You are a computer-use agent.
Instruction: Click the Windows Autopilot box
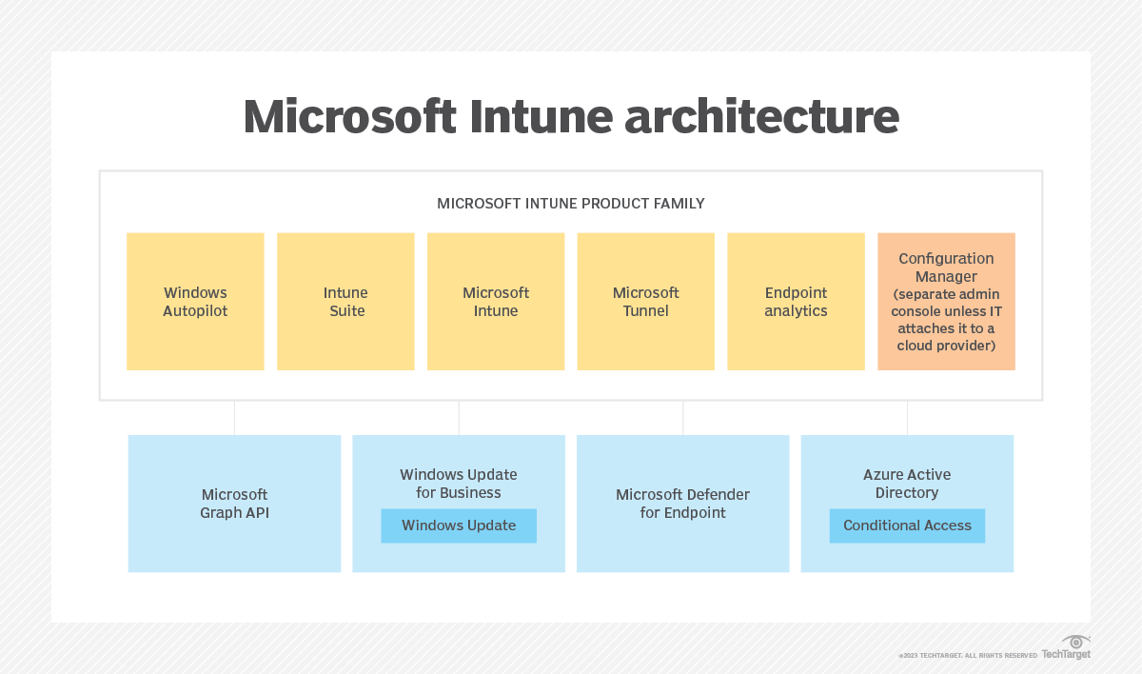click(195, 302)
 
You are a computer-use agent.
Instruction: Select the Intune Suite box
click(345, 302)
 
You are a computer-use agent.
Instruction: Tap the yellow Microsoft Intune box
click(496, 302)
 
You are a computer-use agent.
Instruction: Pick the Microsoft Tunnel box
click(645, 302)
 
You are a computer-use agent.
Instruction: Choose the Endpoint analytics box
click(796, 302)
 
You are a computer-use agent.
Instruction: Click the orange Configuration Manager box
click(946, 302)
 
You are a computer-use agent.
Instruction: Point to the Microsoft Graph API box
click(234, 504)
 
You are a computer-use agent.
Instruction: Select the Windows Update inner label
click(459, 525)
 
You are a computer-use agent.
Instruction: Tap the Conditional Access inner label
click(907, 525)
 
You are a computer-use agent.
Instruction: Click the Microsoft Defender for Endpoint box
click(682, 504)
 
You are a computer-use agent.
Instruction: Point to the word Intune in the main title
click(519, 117)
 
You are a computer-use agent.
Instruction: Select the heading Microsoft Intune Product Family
click(571, 204)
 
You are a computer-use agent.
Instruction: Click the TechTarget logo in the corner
click(1067, 648)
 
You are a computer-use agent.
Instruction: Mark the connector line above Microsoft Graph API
click(234, 418)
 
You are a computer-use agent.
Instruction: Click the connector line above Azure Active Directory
click(907, 418)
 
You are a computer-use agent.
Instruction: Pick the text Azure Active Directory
click(907, 484)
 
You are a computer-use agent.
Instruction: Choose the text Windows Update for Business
click(459, 484)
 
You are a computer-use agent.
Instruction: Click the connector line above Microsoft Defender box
click(683, 418)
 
